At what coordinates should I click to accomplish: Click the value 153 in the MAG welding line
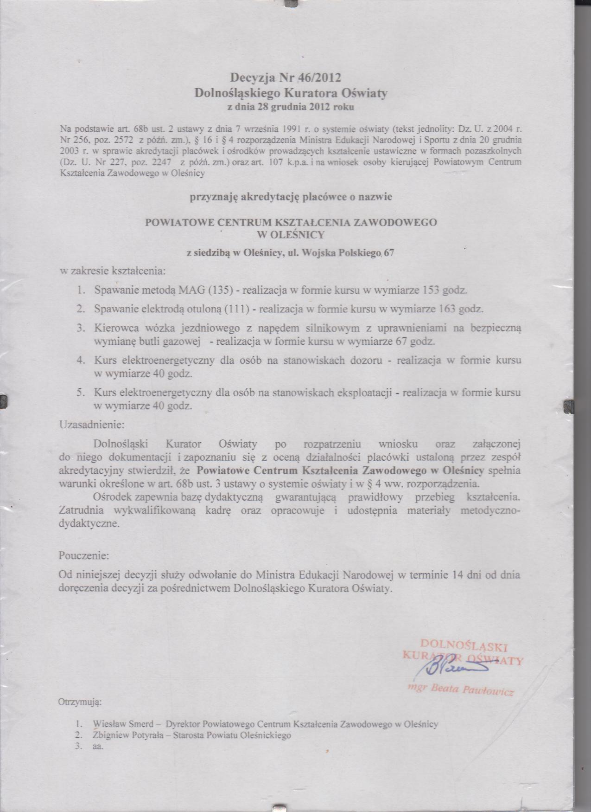(x=431, y=291)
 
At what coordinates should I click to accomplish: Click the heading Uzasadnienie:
(x=91, y=424)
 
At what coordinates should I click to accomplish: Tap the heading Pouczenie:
(x=84, y=555)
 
